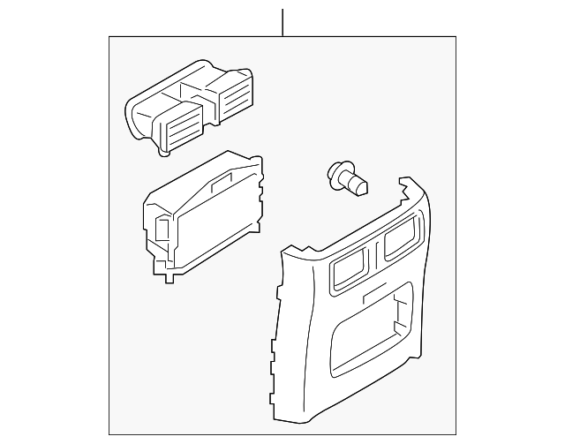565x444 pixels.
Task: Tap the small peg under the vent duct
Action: click(163, 154)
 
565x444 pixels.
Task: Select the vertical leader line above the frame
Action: click(282, 22)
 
